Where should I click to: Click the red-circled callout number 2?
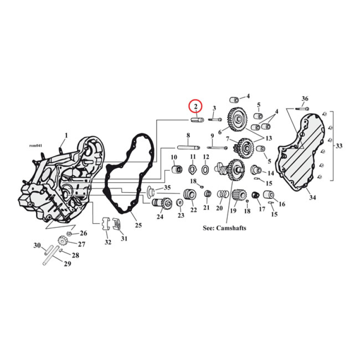(x=196, y=106)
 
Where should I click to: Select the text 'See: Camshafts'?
(x=225, y=228)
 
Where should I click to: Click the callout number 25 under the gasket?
(x=138, y=225)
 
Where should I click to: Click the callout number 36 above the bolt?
(x=305, y=99)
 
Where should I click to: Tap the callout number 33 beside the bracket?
(x=339, y=145)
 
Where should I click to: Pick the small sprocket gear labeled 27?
(x=63, y=242)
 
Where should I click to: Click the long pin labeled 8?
(x=188, y=147)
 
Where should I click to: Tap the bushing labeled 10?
(x=176, y=170)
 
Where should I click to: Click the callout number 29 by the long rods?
(x=67, y=264)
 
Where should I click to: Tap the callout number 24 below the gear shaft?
(x=159, y=217)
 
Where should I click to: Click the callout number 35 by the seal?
(x=167, y=188)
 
